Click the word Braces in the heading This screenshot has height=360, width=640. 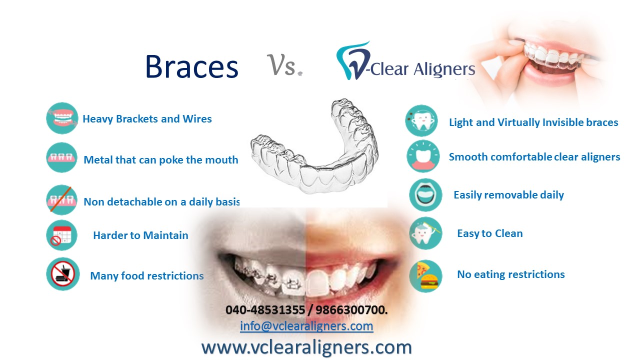pyautogui.click(x=191, y=66)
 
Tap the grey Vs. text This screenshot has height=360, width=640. pyautogui.click(x=284, y=65)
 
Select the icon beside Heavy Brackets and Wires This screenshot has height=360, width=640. pyautogui.click(x=62, y=118)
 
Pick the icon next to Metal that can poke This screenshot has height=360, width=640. pyautogui.click(x=61, y=157)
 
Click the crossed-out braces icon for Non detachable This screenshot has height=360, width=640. pyautogui.click(x=61, y=199)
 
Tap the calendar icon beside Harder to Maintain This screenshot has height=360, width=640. pyautogui.click(x=61, y=235)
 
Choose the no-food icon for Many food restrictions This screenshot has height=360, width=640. pyautogui.click(x=63, y=274)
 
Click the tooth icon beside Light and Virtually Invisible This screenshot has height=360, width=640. pyautogui.click(x=421, y=120)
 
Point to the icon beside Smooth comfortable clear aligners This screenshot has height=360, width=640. pyautogui.click(x=423, y=156)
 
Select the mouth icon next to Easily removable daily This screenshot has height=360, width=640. pyautogui.click(x=425, y=195)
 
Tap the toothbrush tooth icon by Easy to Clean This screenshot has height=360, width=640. pyautogui.click(x=425, y=233)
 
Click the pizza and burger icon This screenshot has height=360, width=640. pyautogui.click(x=425, y=276)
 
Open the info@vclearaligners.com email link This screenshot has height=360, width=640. pyautogui.click(x=306, y=326)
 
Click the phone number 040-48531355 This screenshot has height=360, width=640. pyautogui.click(x=265, y=309)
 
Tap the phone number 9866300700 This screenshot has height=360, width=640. pyautogui.click(x=351, y=309)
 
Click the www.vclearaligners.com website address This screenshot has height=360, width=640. pyautogui.click(x=306, y=347)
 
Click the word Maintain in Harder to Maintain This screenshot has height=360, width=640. pyautogui.click(x=165, y=235)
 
